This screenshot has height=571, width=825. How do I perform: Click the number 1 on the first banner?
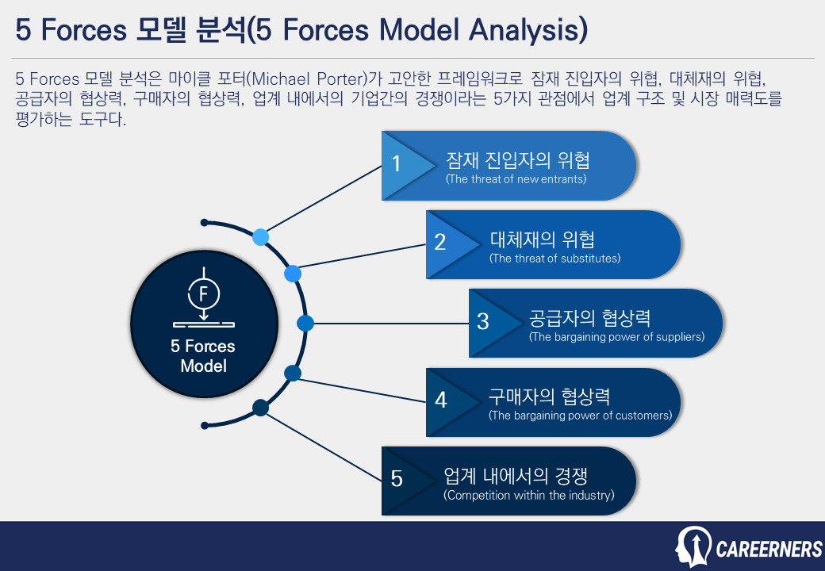tap(397, 164)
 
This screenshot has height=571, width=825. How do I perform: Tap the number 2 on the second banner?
tap(440, 243)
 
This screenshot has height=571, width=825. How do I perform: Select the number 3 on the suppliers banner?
tap(483, 322)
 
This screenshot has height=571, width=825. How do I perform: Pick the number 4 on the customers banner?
tap(441, 400)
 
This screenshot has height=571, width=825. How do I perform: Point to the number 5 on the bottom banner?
tap(397, 479)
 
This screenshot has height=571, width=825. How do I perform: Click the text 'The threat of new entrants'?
tap(516, 179)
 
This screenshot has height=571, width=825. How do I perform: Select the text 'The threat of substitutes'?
tap(554, 259)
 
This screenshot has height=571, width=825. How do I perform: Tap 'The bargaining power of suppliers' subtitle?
tap(616, 337)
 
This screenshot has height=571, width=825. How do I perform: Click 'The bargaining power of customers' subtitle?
tap(580, 416)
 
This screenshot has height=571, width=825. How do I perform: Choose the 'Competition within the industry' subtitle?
tap(529, 496)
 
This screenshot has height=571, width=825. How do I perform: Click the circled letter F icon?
tap(204, 294)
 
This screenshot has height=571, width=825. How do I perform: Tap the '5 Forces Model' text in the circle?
tap(203, 356)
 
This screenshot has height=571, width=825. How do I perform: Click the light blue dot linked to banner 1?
tap(260, 237)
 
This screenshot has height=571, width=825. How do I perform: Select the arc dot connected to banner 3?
tap(305, 324)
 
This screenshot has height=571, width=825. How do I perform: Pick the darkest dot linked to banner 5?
tap(259, 408)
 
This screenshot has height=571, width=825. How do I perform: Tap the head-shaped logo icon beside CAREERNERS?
tap(693, 547)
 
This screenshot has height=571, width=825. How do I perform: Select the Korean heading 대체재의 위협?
tap(542, 240)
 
